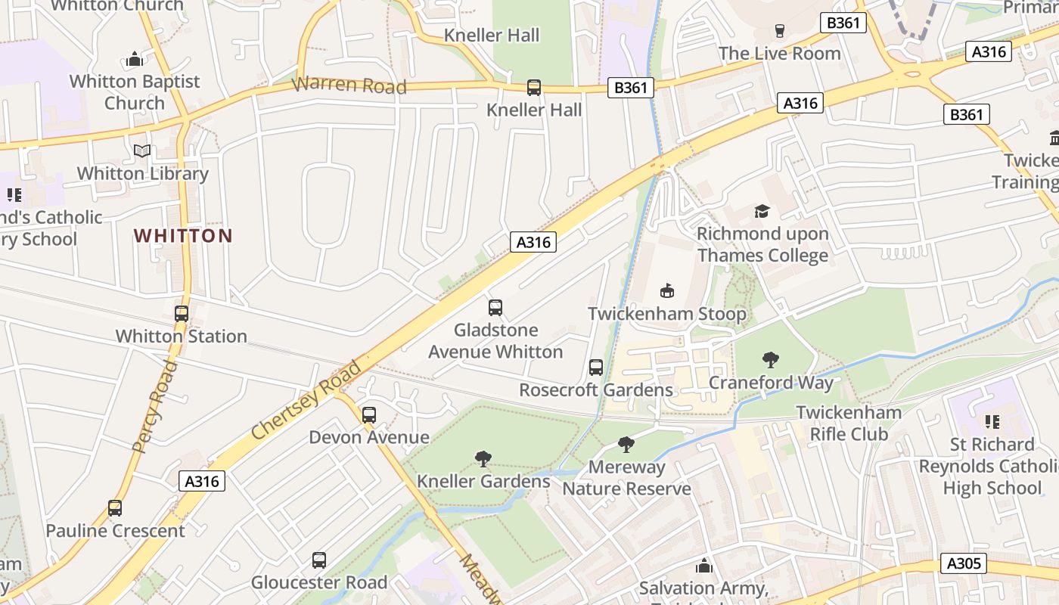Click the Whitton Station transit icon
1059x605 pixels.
pyautogui.click(x=182, y=313)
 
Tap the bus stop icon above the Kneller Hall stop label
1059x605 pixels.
pyautogui.click(x=534, y=88)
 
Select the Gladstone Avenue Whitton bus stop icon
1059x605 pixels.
pyautogui.click(x=495, y=308)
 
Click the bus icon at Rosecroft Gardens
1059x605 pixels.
pyautogui.click(x=596, y=368)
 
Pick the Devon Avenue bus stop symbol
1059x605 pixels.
pyautogui.click(x=369, y=415)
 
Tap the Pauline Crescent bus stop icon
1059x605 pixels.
pyautogui.click(x=115, y=508)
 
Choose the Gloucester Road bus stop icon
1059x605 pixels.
pyautogui.click(x=319, y=560)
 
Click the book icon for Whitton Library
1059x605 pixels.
pyautogui.click(x=142, y=151)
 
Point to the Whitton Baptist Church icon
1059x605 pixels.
pyautogui.click(x=135, y=59)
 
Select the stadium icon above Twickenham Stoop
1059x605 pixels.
pyautogui.click(x=667, y=290)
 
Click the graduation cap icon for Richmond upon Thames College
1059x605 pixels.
pyautogui.click(x=762, y=211)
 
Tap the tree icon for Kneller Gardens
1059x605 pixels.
pyautogui.click(x=483, y=458)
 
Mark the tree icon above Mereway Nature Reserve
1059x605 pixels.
pyautogui.click(x=626, y=444)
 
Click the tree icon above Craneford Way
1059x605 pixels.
pyautogui.click(x=771, y=359)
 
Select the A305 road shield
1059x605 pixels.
pyautogui.click(x=964, y=563)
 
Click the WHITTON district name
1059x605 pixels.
pyautogui.click(x=183, y=236)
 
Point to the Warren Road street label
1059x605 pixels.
pyautogui.click(x=349, y=85)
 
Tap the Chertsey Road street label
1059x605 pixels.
pyautogui.click(x=306, y=401)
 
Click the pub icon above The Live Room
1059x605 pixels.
pyautogui.click(x=780, y=31)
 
